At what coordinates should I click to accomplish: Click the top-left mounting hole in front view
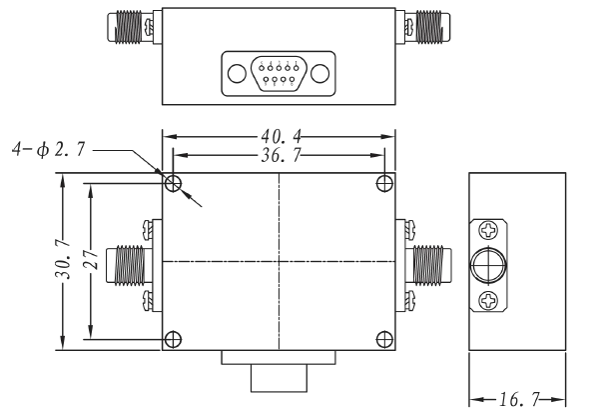(174, 183)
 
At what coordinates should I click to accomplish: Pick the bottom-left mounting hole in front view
(174, 338)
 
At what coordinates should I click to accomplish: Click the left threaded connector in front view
(129, 262)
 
